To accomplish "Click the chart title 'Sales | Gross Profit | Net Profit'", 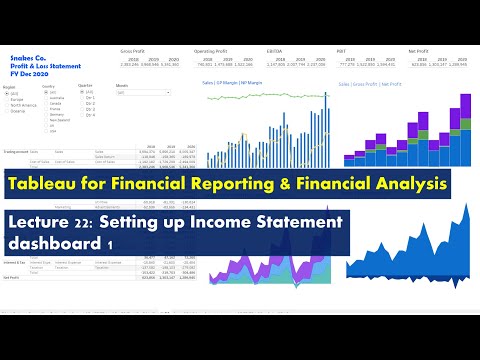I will pyautogui.click(x=371, y=85).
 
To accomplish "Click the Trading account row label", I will pyautogui.click(x=17, y=151).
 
